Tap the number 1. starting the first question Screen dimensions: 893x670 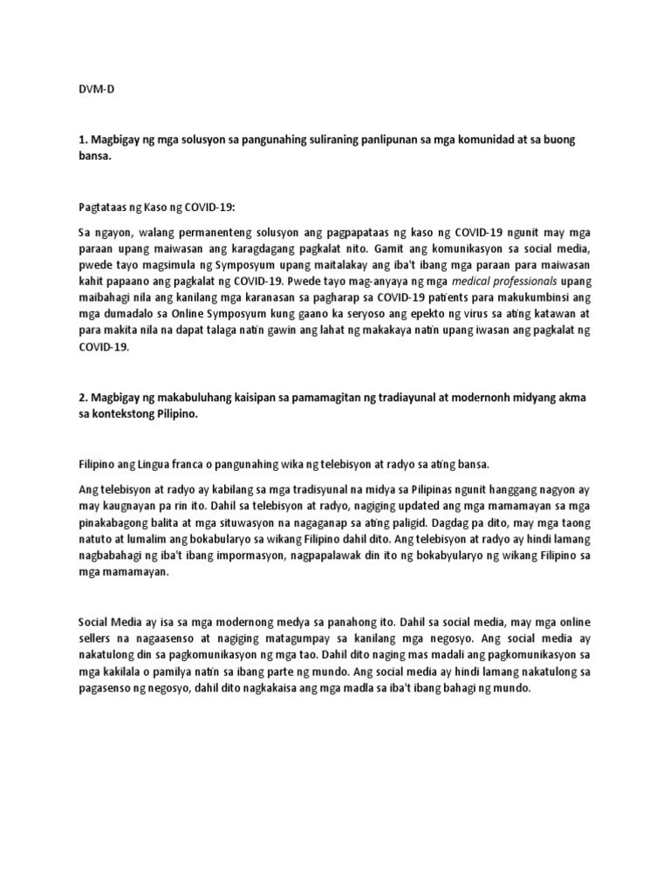click(x=82, y=140)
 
